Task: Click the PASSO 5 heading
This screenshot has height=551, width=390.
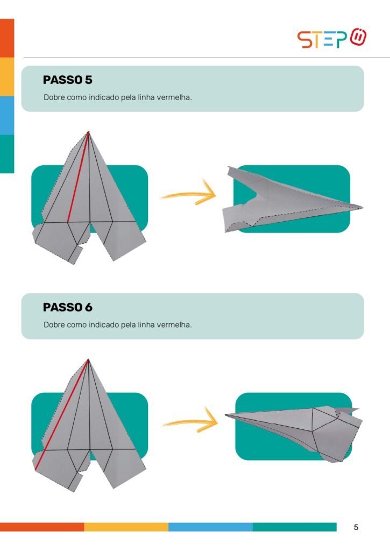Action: (67, 80)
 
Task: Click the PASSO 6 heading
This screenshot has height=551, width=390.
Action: (67, 307)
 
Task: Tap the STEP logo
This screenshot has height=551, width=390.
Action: (332, 38)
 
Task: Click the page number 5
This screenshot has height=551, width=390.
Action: (356, 527)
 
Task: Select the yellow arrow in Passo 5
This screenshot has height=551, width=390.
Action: (189, 193)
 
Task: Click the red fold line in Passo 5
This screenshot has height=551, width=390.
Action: (77, 176)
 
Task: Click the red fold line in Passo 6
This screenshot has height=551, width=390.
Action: (62, 414)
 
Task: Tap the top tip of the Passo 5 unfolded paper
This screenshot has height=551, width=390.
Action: (89, 131)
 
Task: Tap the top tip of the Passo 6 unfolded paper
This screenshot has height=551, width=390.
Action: (89, 359)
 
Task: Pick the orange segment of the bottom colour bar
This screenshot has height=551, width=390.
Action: (42, 527)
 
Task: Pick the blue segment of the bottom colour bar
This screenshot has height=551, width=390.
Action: (210, 527)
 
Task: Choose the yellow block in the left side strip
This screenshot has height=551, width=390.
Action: (7, 76)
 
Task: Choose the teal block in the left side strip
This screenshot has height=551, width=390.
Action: (7, 154)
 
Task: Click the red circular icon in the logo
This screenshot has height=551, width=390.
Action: (358, 37)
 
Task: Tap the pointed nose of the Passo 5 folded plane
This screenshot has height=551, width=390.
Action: (362, 207)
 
